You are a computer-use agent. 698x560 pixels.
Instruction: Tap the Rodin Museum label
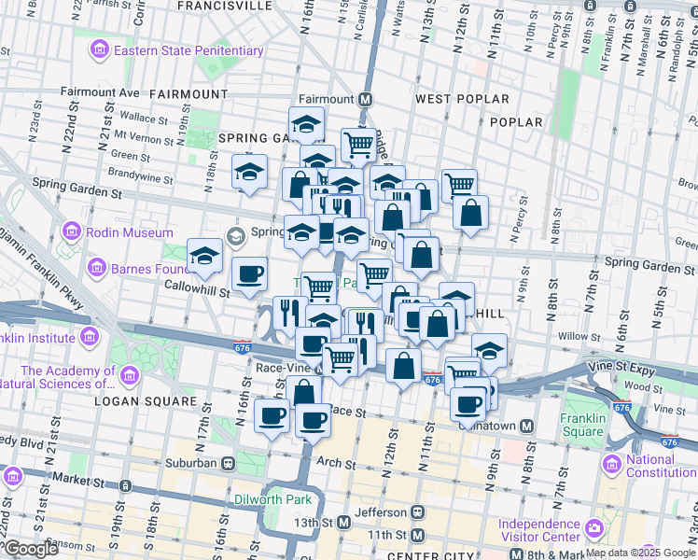click(x=130, y=232)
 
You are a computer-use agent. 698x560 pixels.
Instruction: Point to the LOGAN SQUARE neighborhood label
click(x=146, y=401)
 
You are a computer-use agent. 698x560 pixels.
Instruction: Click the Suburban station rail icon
click(x=227, y=462)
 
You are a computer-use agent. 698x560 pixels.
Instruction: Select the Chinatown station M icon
click(x=527, y=426)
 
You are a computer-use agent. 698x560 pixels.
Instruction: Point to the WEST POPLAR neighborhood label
click(x=462, y=99)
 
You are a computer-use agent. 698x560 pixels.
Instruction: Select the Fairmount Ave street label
click(x=100, y=93)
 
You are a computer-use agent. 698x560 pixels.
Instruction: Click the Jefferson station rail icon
click(x=418, y=511)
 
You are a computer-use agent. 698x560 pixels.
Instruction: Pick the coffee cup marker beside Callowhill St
click(x=249, y=274)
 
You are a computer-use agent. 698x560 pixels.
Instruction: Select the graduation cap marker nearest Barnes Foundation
click(x=204, y=255)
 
